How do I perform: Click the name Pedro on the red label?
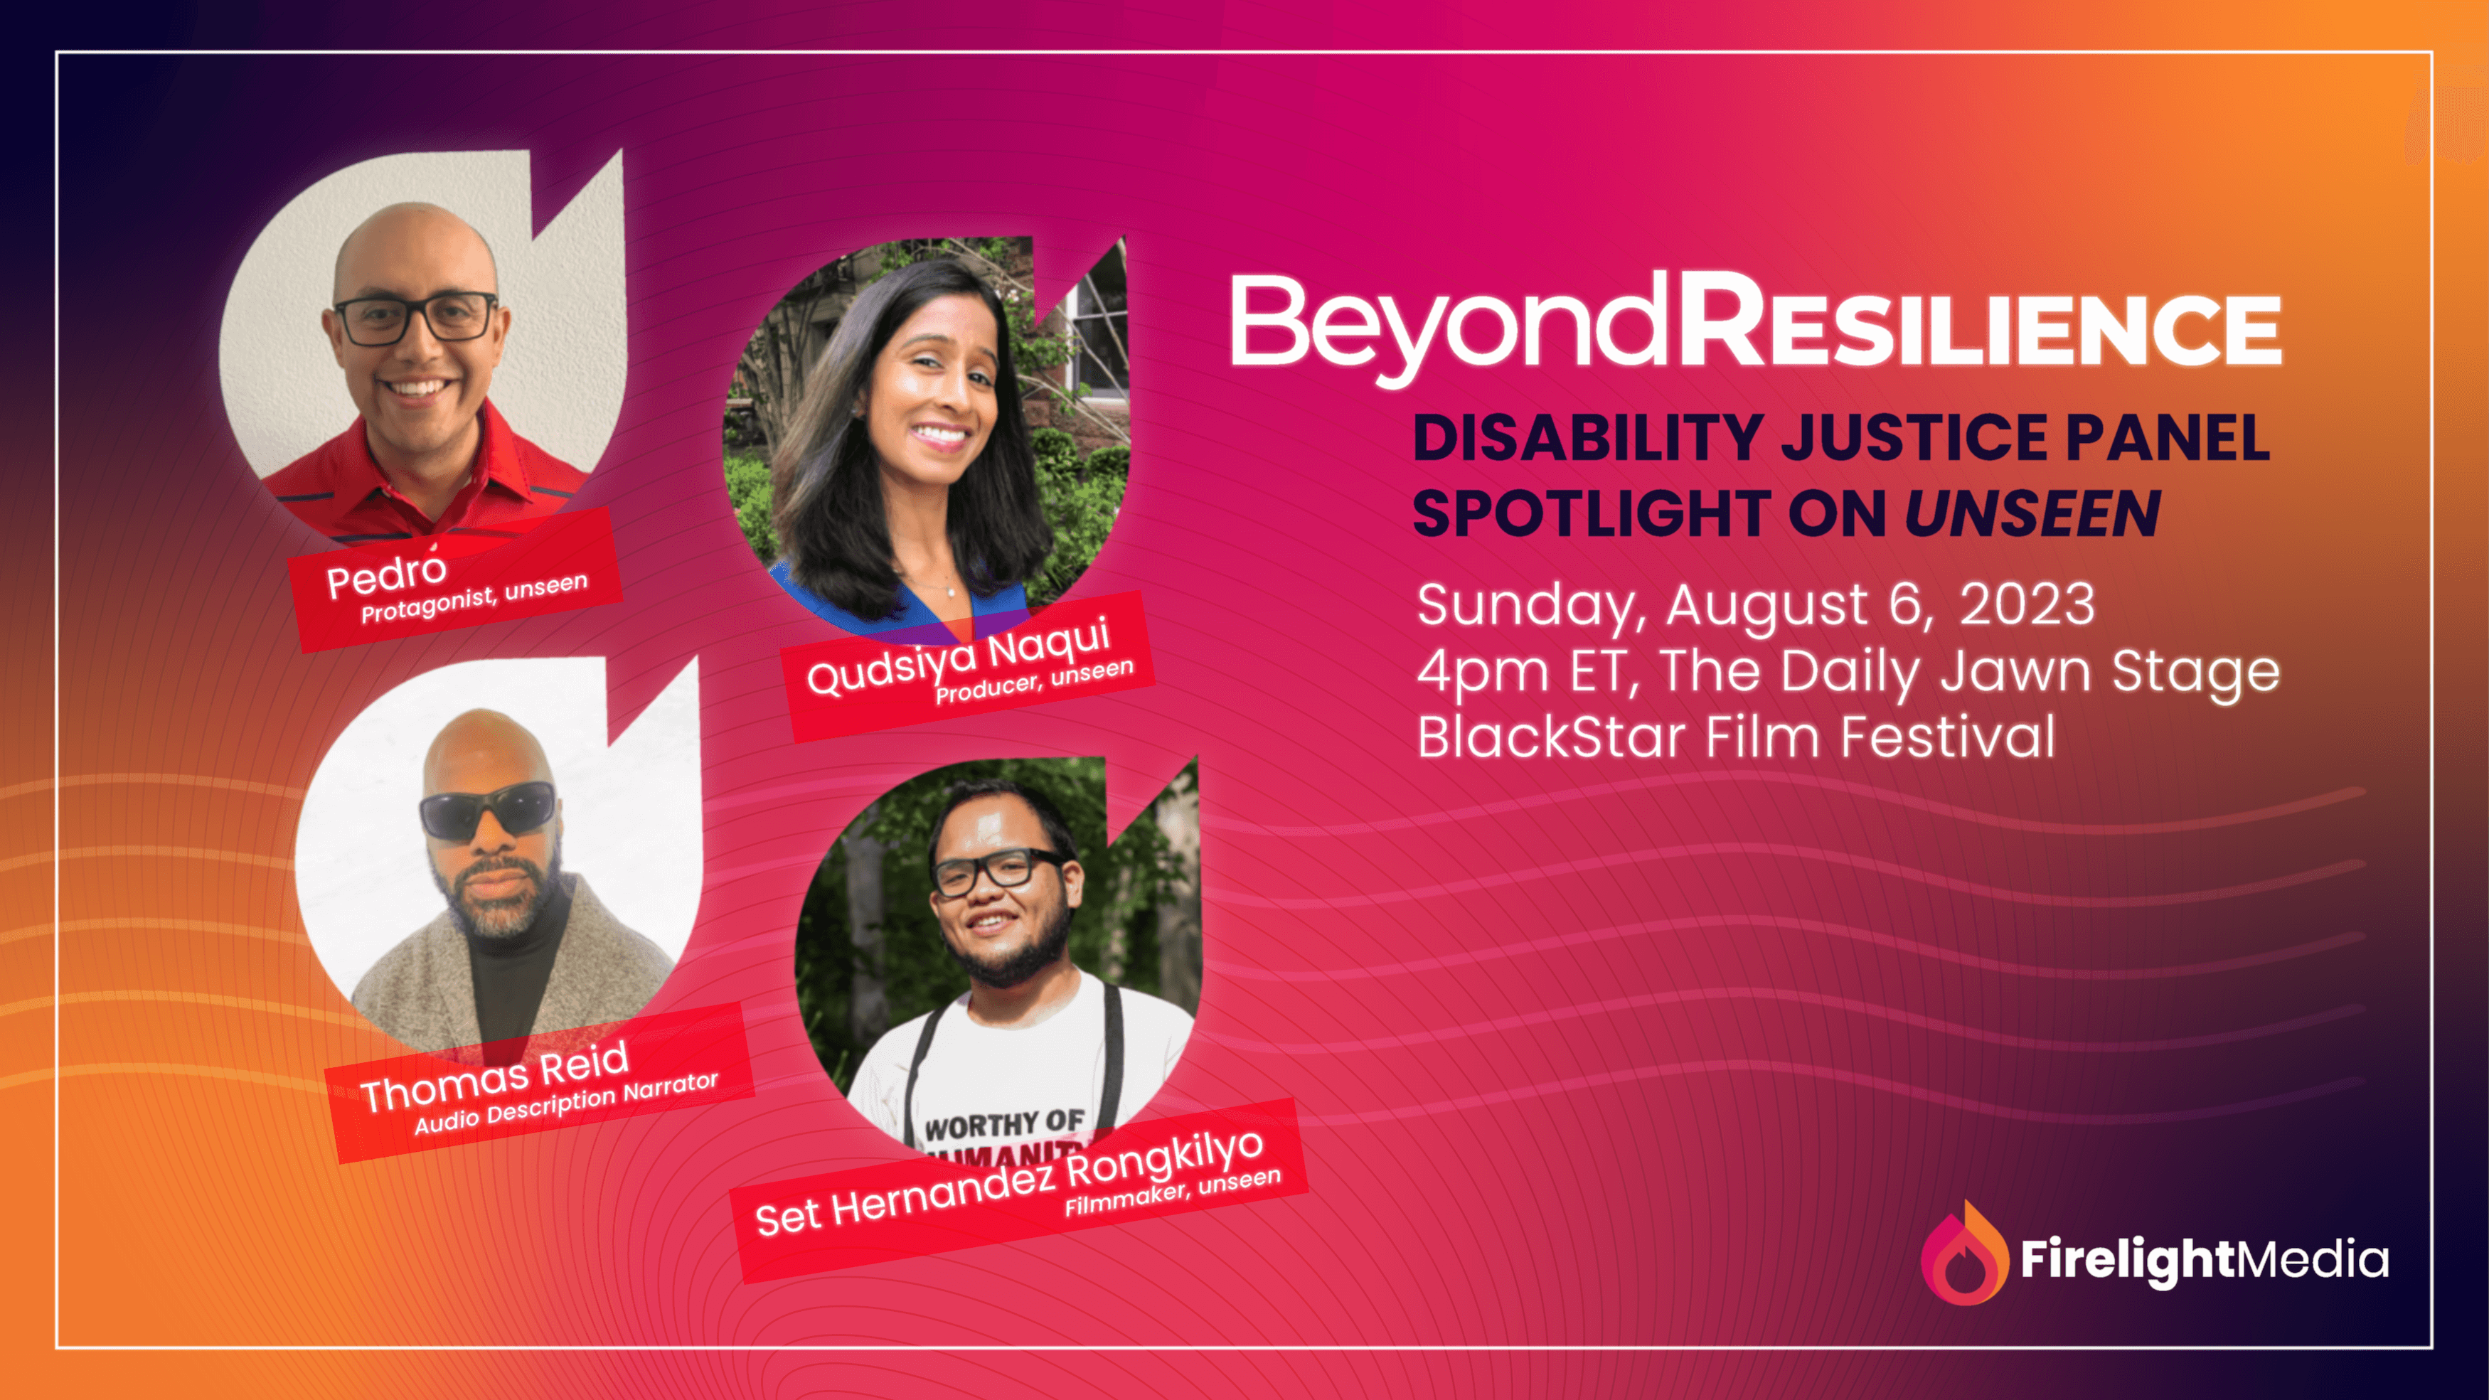click(386, 576)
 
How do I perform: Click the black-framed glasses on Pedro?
click(415, 318)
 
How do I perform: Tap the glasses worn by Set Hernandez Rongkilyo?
click(998, 869)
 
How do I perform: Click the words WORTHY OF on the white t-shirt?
click(1005, 1123)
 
